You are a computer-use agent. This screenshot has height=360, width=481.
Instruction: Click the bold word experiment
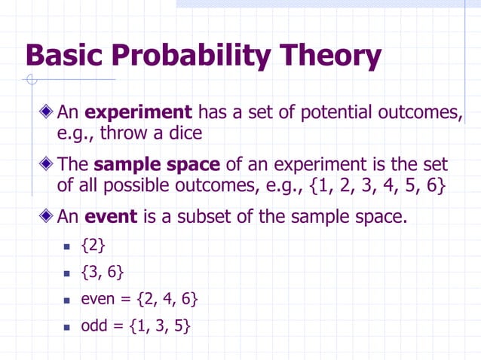139,113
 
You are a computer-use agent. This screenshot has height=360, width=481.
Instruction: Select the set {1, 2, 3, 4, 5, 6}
370,186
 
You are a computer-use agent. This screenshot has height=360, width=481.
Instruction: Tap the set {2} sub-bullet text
93,246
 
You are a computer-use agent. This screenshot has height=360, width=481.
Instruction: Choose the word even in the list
98,300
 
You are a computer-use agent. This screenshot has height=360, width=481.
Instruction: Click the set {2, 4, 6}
167,300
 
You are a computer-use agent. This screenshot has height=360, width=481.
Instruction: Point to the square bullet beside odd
66,328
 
